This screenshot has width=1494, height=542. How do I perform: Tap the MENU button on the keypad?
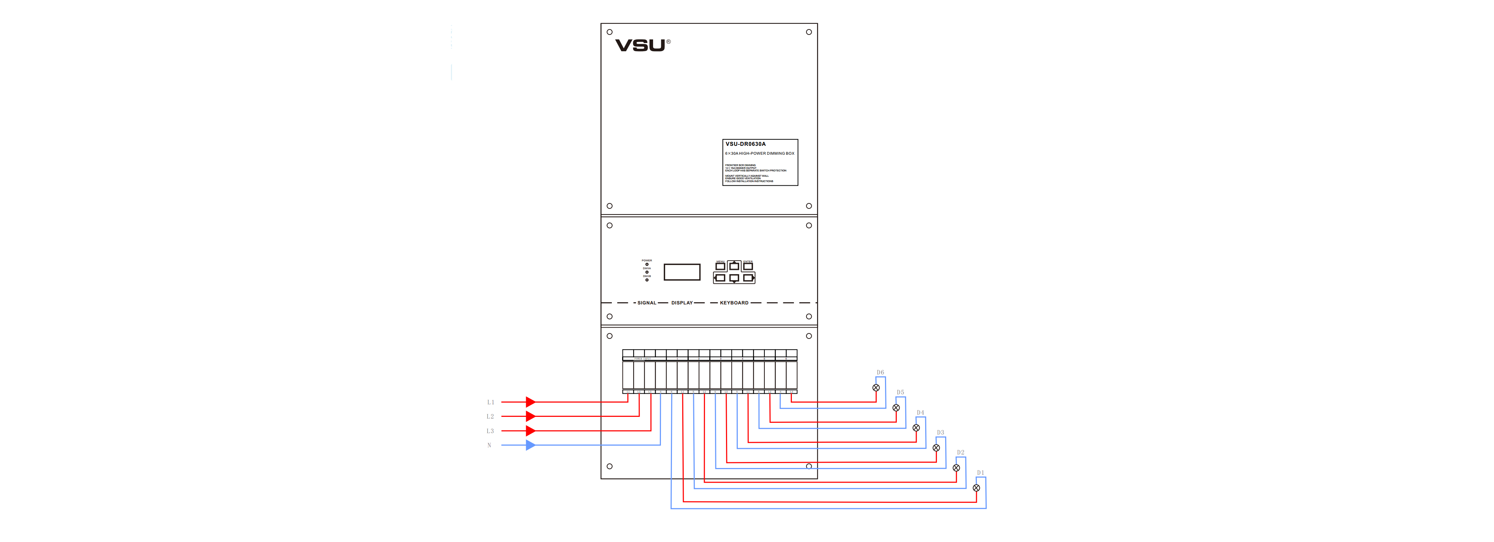pos(720,266)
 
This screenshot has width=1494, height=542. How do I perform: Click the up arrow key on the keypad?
pos(734,266)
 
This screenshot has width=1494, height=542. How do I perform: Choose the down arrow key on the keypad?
pos(734,278)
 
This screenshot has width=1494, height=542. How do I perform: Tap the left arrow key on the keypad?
pos(720,278)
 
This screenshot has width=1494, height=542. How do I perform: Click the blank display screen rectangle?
pos(682,272)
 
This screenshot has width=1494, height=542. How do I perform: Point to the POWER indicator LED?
pos(647,264)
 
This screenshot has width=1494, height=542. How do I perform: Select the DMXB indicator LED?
pos(647,280)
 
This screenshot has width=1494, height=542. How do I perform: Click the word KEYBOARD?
pos(734,303)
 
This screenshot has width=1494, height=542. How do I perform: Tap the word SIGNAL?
pos(647,303)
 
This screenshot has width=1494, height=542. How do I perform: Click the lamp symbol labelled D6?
pos(876,388)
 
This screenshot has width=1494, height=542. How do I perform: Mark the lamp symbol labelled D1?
pos(976,488)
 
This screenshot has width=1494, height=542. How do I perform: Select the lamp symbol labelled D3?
pos(936,448)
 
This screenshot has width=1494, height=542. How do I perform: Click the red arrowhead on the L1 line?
pos(530,402)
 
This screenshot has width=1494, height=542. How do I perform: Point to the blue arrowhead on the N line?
pos(530,445)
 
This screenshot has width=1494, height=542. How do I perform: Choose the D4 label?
pos(921,413)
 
